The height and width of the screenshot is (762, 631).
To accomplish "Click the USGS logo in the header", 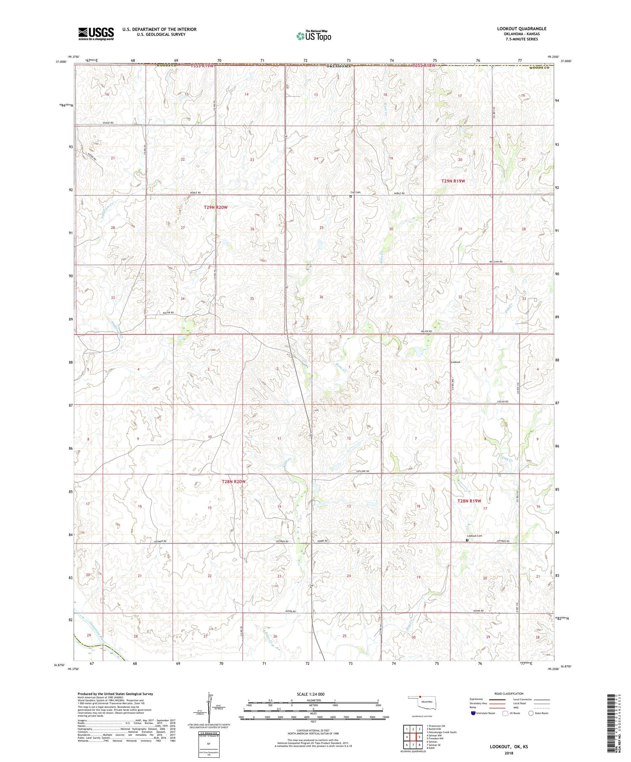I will (x=96, y=34).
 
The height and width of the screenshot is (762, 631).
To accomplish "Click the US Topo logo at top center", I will (x=313, y=36).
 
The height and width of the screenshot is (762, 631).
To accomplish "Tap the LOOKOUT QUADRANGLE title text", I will (x=522, y=29).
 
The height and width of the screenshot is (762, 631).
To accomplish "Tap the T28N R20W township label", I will (x=233, y=482).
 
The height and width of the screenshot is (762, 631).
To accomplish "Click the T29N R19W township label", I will (x=453, y=181).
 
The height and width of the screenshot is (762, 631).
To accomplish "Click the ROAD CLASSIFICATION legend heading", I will (x=509, y=693).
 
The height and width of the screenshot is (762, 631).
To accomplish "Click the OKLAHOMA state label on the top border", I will (x=339, y=66).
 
